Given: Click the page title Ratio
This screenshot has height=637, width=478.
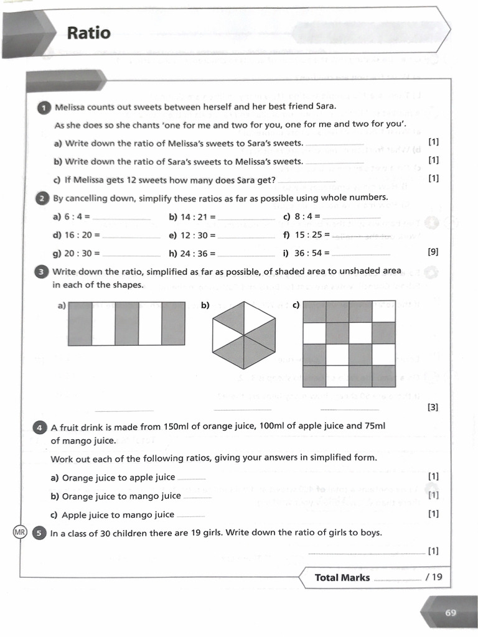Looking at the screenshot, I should point(88,33).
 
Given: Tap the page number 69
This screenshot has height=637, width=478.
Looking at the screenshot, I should point(451,613).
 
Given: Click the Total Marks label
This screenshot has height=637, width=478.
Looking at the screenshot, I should point(342,577).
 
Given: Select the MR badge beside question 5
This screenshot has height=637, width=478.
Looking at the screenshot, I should point(20,533).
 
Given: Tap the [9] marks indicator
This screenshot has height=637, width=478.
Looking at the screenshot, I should point(433,252).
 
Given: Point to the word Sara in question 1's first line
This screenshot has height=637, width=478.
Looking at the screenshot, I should point(323,106).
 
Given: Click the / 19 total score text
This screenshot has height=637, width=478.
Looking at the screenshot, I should point(434,577).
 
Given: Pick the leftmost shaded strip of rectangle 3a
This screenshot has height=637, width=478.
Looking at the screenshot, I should point(80,323).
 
